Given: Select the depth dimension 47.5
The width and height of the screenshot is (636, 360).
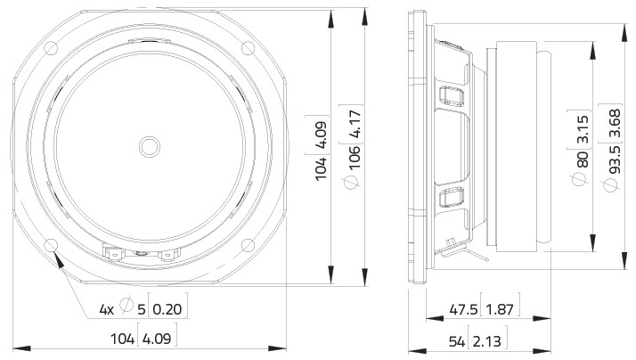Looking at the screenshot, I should pyautogui.click(x=461, y=309).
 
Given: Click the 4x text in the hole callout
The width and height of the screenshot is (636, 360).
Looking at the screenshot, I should pyautogui.click(x=106, y=309).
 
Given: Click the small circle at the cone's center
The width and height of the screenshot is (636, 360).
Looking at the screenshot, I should pyautogui.click(x=148, y=143).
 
